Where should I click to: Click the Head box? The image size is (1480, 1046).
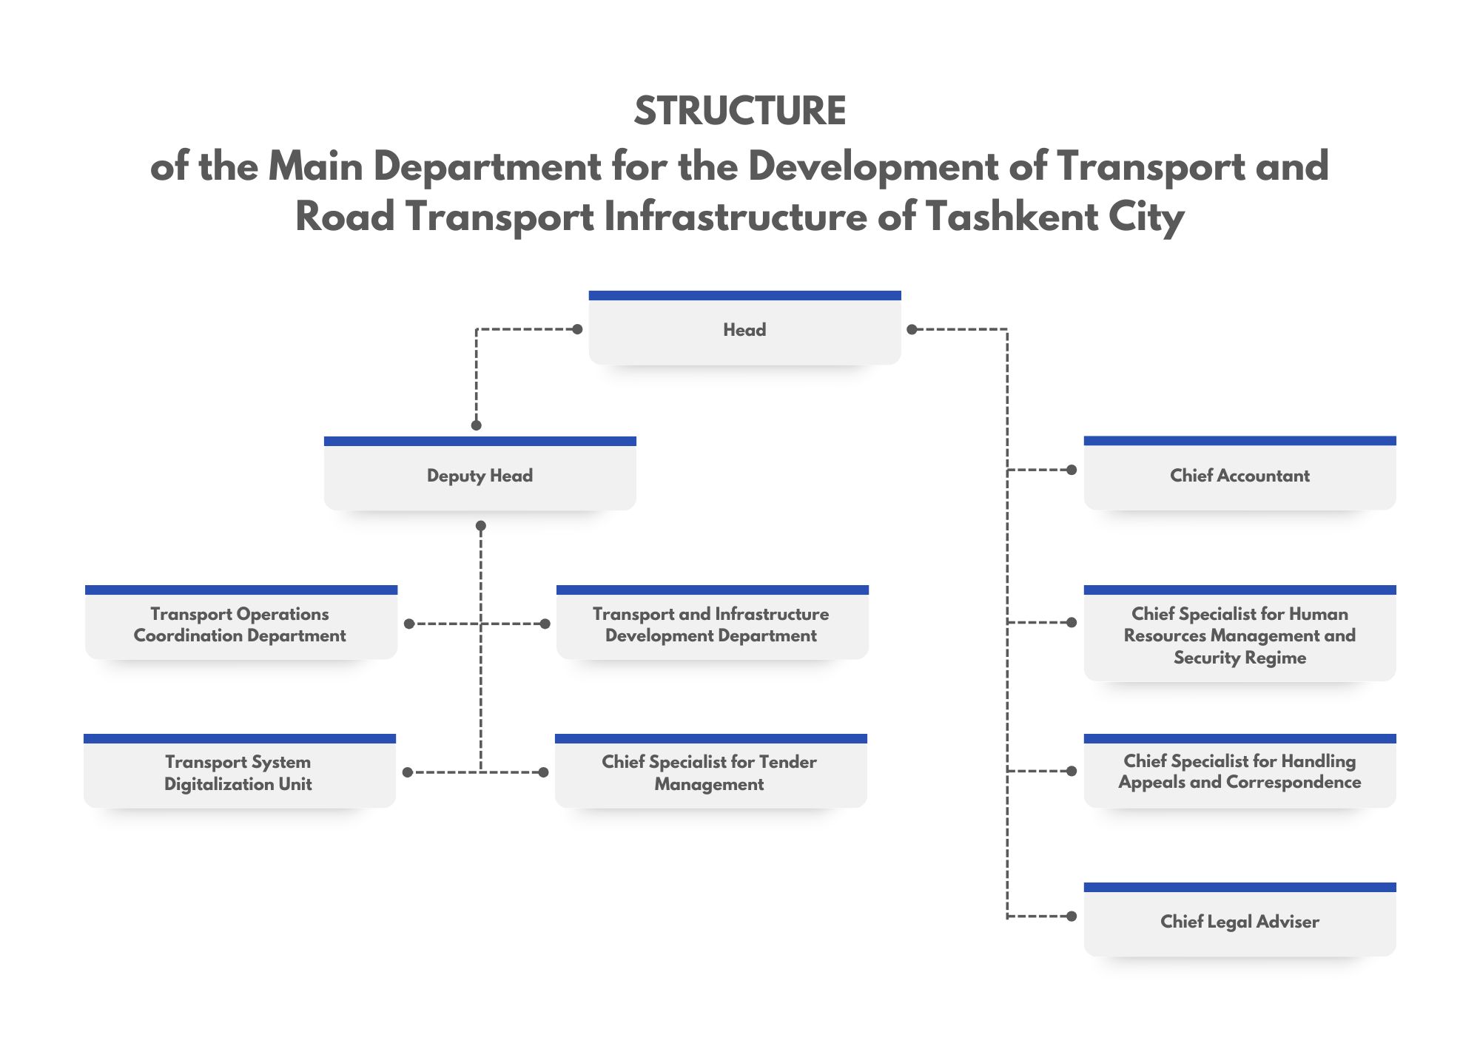click(x=744, y=330)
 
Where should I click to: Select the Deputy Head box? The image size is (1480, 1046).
click(x=480, y=476)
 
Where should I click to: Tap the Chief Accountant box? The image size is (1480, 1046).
click(x=1239, y=476)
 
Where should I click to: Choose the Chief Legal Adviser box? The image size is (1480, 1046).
click(x=1239, y=922)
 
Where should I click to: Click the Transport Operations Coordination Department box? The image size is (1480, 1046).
click(x=240, y=625)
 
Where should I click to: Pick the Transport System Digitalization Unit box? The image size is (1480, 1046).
click(x=239, y=773)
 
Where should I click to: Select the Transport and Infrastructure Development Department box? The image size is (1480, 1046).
click(x=711, y=625)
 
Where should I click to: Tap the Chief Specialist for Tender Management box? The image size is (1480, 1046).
click(x=710, y=773)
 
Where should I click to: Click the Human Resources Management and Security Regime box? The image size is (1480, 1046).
click(x=1239, y=635)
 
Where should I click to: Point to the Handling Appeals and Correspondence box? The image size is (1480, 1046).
click(x=1239, y=772)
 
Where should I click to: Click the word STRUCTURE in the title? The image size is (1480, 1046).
click(x=740, y=111)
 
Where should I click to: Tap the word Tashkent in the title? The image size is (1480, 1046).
click(x=1012, y=217)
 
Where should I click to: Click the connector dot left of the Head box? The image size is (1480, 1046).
click(x=578, y=329)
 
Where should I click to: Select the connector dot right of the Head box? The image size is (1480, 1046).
click(x=912, y=329)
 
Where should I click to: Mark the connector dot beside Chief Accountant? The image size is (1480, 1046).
click(x=1072, y=470)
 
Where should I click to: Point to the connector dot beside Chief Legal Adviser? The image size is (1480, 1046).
click(x=1072, y=917)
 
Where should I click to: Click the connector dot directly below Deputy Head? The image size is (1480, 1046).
click(x=481, y=526)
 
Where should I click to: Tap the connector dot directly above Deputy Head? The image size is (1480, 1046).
click(x=477, y=425)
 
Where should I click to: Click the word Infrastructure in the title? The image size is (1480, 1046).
click(x=736, y=217)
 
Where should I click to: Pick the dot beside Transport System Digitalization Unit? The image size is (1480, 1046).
click(x=408, y=772)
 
